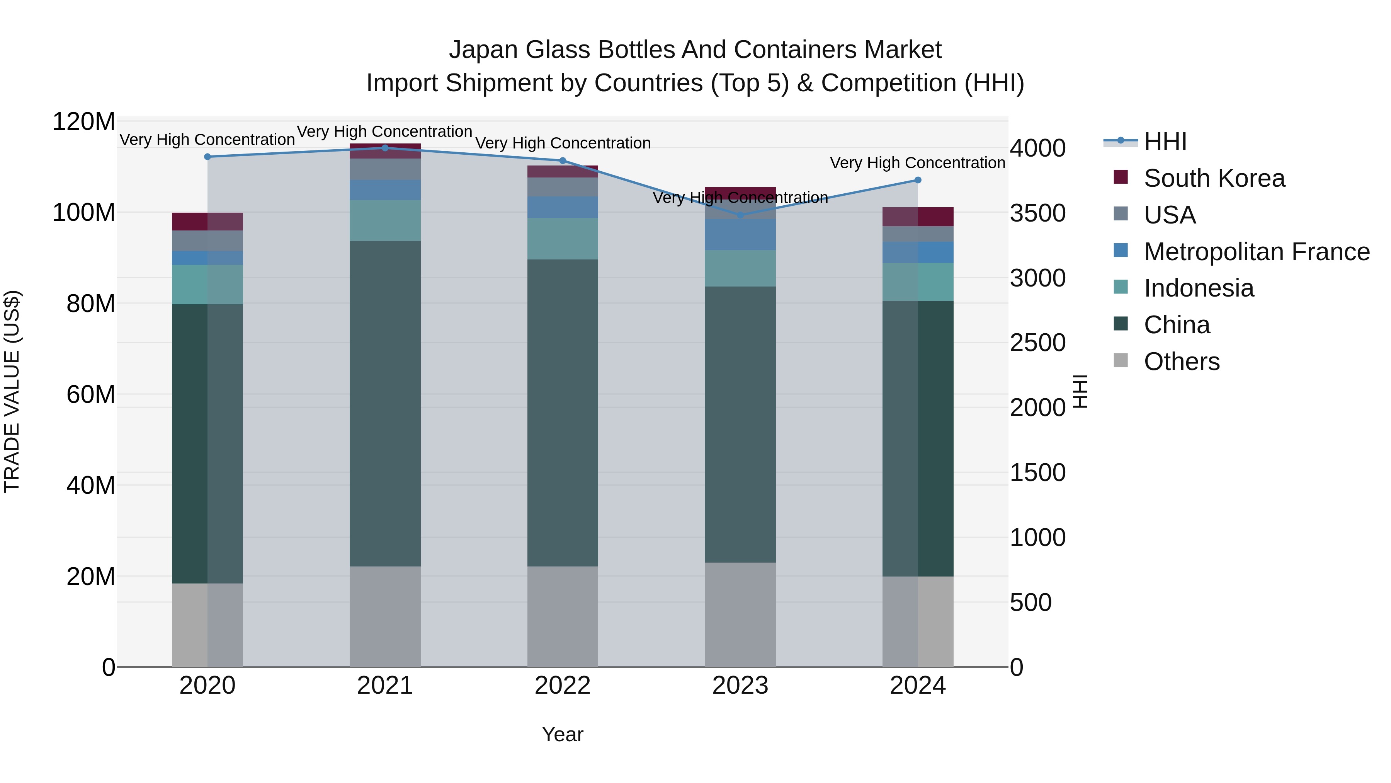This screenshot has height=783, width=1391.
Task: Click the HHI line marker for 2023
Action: (740, 215)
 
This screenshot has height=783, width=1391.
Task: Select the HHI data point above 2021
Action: (385, 148)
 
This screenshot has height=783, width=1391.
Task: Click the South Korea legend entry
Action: (1214, 178)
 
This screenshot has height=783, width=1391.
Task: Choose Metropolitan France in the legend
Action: (1257, 252)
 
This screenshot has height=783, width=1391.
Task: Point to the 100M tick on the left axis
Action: (84, 212)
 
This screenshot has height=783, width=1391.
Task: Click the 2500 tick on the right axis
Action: (1037, 343)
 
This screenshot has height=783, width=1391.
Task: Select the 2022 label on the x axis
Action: (562, 686)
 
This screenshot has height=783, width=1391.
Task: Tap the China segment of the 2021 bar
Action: (385, 403)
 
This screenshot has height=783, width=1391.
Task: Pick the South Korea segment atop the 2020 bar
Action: (207, 222)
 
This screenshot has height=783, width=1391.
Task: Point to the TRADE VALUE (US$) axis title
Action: (12, 391)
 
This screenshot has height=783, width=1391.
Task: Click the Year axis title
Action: (562, 734)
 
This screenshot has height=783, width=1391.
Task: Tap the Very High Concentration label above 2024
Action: (917, 163)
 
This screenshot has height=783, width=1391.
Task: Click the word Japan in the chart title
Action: (483, 50)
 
